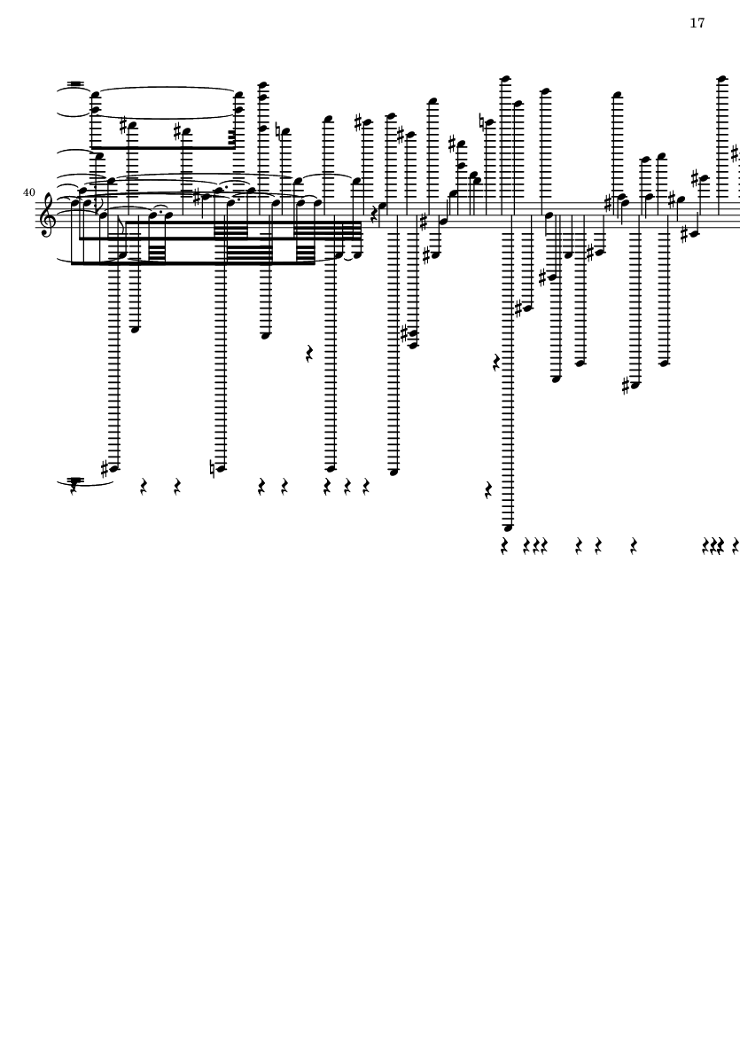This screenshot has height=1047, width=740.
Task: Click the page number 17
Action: (x=697, y=23)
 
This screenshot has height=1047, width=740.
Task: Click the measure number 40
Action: (x=28, y=192)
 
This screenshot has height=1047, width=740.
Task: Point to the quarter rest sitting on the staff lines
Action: (x=374, y=214)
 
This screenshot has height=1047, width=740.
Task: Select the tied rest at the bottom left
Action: (x=74, y=485)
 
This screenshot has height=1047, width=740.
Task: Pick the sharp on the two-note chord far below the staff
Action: (x=404, y=333)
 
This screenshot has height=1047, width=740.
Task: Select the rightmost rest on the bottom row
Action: (x=736, y=547)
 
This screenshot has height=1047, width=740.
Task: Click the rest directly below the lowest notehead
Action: (x=505, y=547)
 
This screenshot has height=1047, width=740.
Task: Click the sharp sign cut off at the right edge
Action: (x=736, y=155)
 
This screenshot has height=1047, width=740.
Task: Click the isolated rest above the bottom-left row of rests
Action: (x=309, y=353)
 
